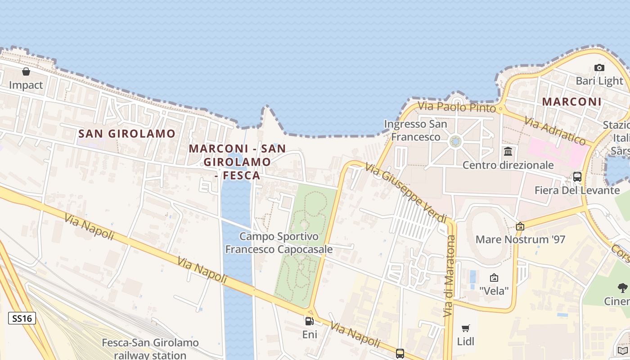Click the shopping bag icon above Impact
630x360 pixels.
coord(26,72)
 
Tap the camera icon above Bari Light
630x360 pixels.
coord(599,68)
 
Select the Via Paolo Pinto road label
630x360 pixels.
coord(457,107)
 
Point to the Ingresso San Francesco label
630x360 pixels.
coord(415,130)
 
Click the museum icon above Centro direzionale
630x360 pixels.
coord(508,151)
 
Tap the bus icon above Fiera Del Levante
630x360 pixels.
coord(577,177)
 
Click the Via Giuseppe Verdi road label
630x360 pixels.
coord(406,191)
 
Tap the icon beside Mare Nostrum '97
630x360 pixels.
coord(520,226)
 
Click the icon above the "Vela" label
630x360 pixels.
coord(494,278)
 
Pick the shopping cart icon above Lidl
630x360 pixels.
coord(466,328)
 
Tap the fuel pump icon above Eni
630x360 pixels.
coord(309,321)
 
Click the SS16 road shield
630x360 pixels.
coord(22,319)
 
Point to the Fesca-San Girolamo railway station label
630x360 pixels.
coord(150,349)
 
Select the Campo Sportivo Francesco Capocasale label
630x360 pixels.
coord(279,243)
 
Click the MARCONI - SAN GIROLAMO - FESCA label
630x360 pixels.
coord(237,162)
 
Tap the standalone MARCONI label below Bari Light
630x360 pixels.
coord(571,102)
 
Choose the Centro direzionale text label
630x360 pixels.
coord(508,165)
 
